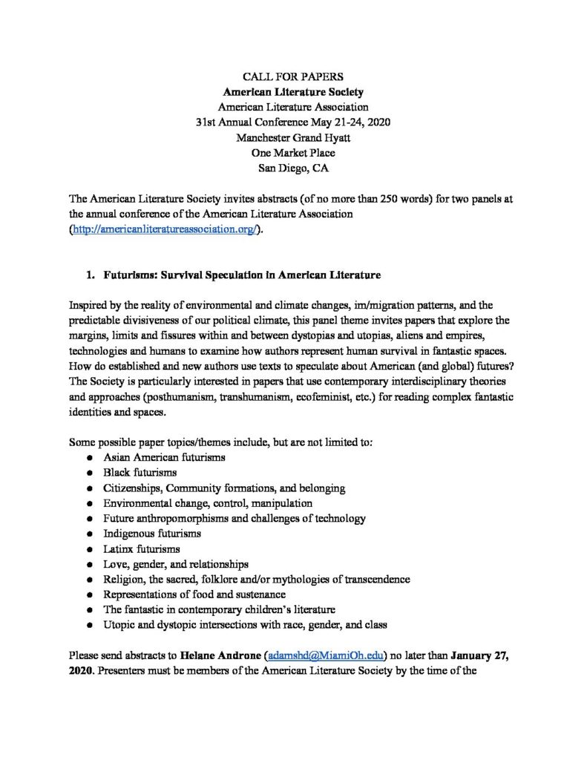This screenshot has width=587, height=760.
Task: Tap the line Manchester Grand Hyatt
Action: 292,137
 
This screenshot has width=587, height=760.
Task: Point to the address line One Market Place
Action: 292,152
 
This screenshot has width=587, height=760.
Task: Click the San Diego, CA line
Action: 292,168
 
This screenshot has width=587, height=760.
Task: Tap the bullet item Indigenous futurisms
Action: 152,533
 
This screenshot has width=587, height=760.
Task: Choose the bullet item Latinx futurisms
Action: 142,548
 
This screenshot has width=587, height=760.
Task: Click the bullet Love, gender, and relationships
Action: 176,564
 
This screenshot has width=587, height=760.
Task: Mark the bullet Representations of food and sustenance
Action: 194,594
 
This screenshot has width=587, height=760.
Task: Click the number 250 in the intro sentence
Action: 391,199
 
